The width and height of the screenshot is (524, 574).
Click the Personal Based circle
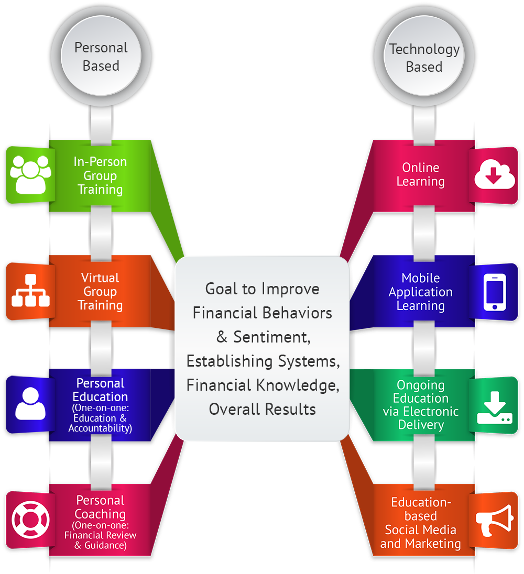(x=101, y=57)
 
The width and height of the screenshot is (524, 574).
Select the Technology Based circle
(x=424, y=58)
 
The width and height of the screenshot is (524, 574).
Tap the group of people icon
(x=30, y=175)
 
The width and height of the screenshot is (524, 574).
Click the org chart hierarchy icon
(x=30, y=291)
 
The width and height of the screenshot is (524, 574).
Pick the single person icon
(x=30, y=404)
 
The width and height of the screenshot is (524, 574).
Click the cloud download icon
(x=494, y=175)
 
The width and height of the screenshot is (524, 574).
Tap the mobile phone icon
(x=494, y=292)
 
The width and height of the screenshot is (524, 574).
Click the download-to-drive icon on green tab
(x=494, y=406)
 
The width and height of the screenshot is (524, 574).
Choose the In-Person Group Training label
(x=100, y=175)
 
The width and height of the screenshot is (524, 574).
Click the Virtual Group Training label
(x=100, y=291)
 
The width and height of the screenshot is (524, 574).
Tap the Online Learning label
(x=420, y=174)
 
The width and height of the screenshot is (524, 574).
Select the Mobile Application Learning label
(x=420, y=292)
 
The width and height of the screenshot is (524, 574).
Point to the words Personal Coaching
(x=100, y=507)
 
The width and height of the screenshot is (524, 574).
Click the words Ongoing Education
(x=420, y=391)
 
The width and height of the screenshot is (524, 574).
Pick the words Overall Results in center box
(x=262, y=409)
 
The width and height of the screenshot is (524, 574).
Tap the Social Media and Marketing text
(x=420, y=536)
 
